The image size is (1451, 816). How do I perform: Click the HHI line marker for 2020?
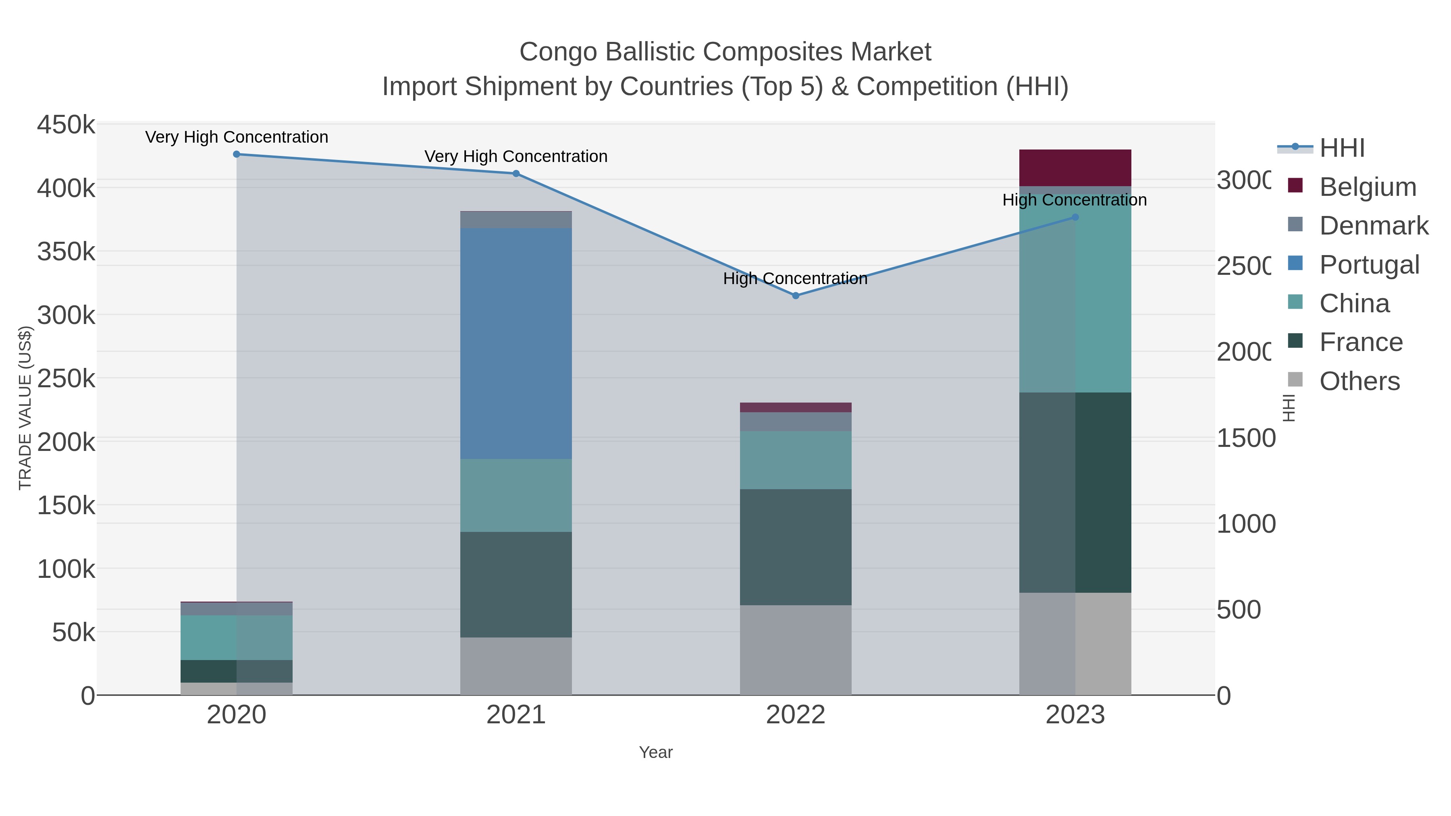coord(237,154)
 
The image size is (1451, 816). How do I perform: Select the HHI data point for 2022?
coord(795,296)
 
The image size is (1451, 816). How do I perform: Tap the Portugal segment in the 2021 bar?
coord(516,343)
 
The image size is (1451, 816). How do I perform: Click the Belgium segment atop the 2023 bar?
coord(1075,168)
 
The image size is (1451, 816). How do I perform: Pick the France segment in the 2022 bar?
coord(795,547)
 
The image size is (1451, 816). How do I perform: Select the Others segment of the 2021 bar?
coord(516,666)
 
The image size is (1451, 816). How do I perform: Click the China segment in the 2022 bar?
coord(795,460)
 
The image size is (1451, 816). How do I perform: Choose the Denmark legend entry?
coord(1373,226)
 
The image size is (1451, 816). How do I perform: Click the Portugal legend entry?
coord(1369,265)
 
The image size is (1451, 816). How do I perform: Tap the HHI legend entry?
coord(1342,148)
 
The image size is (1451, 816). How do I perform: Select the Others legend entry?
coord(1359,381)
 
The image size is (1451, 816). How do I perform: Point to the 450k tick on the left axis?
coord(66,125)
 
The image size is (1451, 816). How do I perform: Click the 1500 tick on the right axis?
coord(1245,438)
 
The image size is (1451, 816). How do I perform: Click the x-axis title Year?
coord(656,752)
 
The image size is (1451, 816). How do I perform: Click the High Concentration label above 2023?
coord(1074,200)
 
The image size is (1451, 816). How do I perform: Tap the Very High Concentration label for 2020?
coord(237,137)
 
